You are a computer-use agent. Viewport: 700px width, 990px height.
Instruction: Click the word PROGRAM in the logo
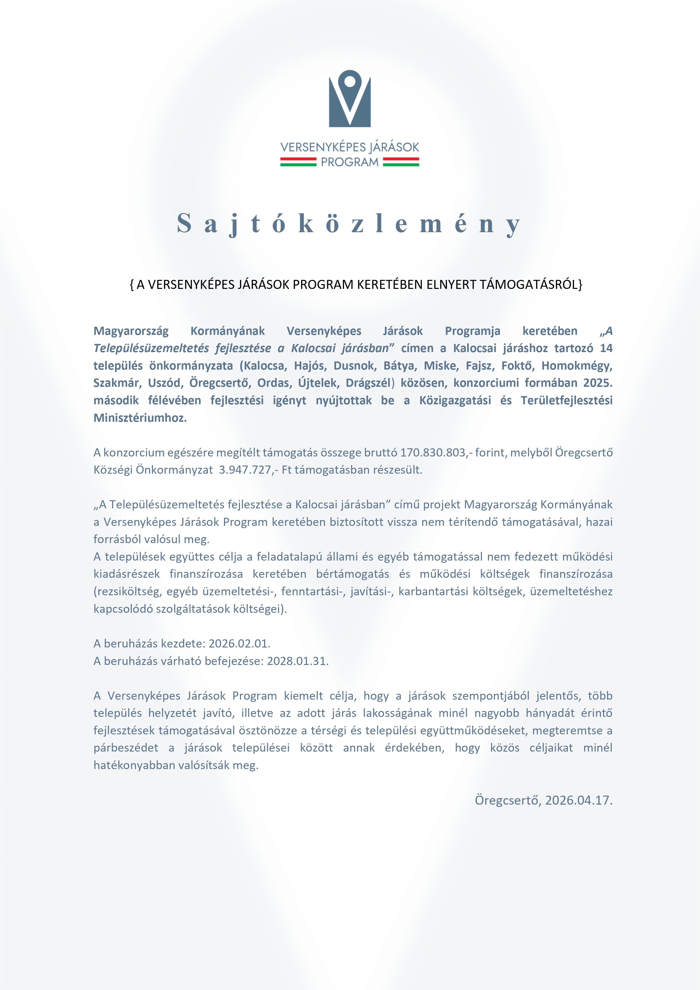pos(350,162)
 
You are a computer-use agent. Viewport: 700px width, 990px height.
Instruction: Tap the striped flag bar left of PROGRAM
pos(299,162)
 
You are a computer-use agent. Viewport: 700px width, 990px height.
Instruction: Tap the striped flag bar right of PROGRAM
pos(401,162)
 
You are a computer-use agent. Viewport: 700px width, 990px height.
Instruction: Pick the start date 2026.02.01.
pos(239,643)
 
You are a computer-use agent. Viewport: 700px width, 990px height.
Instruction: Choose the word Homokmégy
pos(577,366)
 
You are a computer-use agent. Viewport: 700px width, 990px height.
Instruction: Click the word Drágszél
pos(368,383)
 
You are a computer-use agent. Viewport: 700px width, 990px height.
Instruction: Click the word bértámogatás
pos(352,574)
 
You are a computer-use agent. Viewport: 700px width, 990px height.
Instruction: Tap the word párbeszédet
pos(126,748)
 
